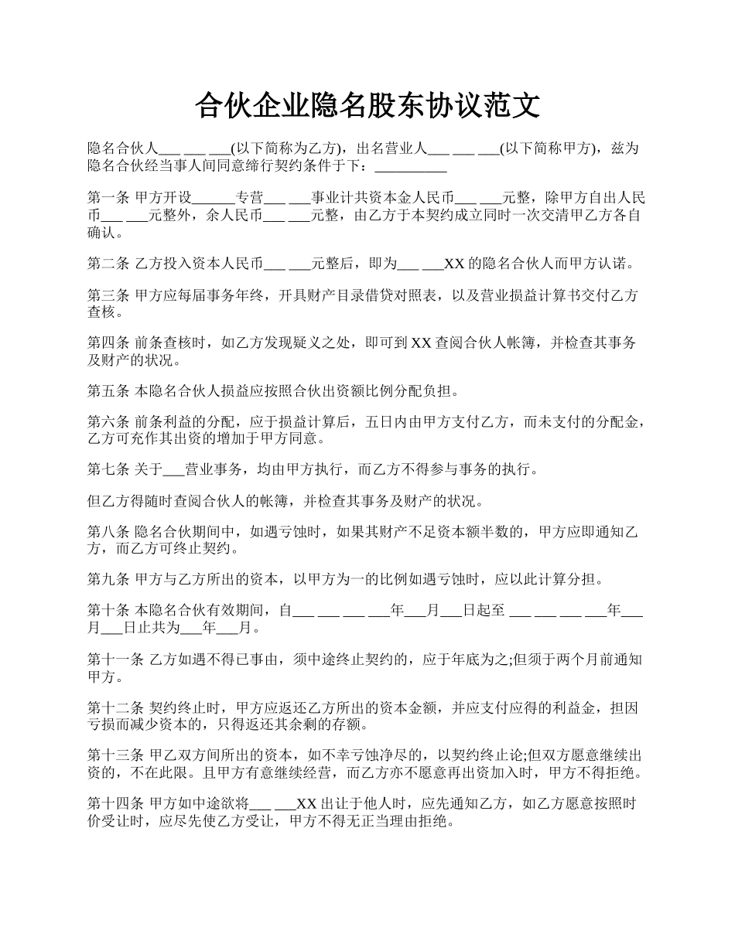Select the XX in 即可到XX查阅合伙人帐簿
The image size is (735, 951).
click(421, 343)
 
